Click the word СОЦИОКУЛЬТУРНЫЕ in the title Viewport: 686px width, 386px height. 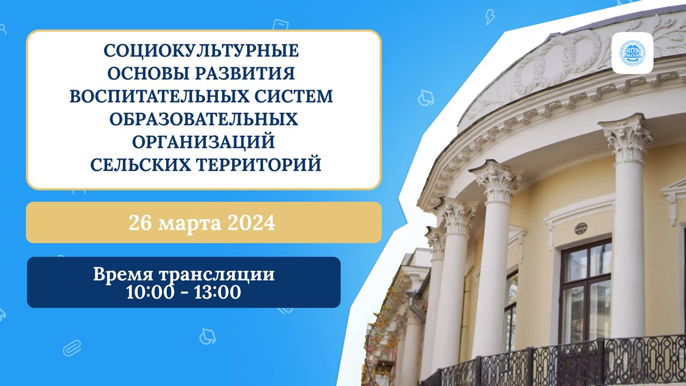pyautogui.click(x=201, y=51)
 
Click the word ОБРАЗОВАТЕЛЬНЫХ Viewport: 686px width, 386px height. pyautogui.click(x=204, y=118)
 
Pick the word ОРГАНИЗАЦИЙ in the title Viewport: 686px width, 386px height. pyautogui.click(x=204, y=142)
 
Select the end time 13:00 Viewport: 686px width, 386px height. pyautogui.click(x=220, y=292)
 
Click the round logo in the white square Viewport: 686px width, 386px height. pyautogui.click(x=632, y=53)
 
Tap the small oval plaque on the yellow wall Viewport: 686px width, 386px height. pyautogui.click(x=580, y=228)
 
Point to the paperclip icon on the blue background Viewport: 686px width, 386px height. pyautogui.click(x=72, y=348)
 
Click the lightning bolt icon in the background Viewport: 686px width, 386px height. pyautogui.click(x=489, y=17)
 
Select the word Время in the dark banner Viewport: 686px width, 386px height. pyautogui.click(x=124, y=274)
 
